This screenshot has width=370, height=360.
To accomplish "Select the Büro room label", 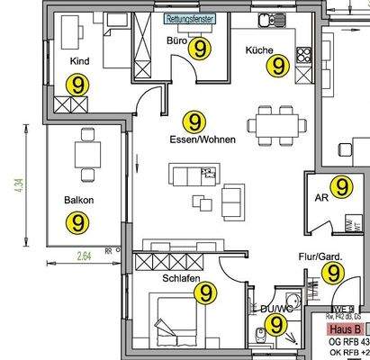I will pos(176,42).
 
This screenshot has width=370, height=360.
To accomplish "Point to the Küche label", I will pos(259,50).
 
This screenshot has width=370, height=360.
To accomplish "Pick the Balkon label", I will pos(79,200).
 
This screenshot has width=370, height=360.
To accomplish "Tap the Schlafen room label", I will pos(180,279).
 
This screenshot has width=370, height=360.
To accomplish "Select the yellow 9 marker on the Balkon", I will pos(79,220).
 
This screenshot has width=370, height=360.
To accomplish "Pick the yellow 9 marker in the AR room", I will pos(340,186).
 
